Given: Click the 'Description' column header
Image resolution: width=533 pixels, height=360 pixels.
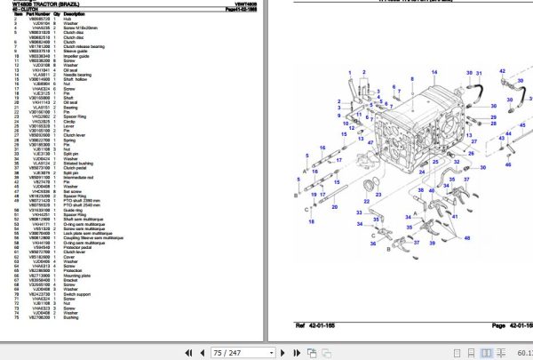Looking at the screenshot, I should (76, 14).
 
